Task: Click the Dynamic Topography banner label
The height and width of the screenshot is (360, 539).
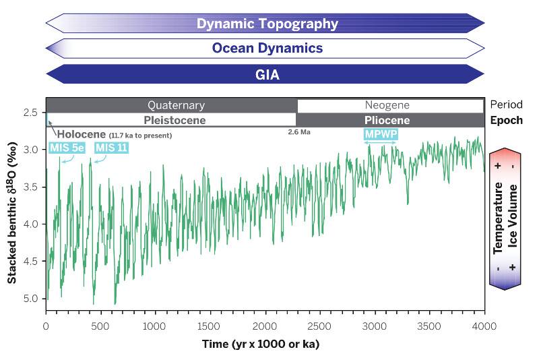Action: click(267, 24)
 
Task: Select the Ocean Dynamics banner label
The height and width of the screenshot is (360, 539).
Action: click(267, 49)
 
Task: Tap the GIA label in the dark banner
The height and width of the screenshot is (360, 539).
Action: click(267, 74)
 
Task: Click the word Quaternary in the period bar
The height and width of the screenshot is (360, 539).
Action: click(176, 106)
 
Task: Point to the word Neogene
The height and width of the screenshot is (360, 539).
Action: click(387, 106)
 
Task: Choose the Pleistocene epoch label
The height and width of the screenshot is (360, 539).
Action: click(174, 121)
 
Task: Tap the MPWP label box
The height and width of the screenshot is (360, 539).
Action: click(381, 134)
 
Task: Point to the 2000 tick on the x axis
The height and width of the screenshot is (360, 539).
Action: click(265, 326)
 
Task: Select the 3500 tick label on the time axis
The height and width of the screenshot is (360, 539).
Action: click(429, 326)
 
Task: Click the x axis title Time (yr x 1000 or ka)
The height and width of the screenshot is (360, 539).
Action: click(261, 344)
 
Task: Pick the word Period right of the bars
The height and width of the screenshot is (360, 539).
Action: click(505, 106)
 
